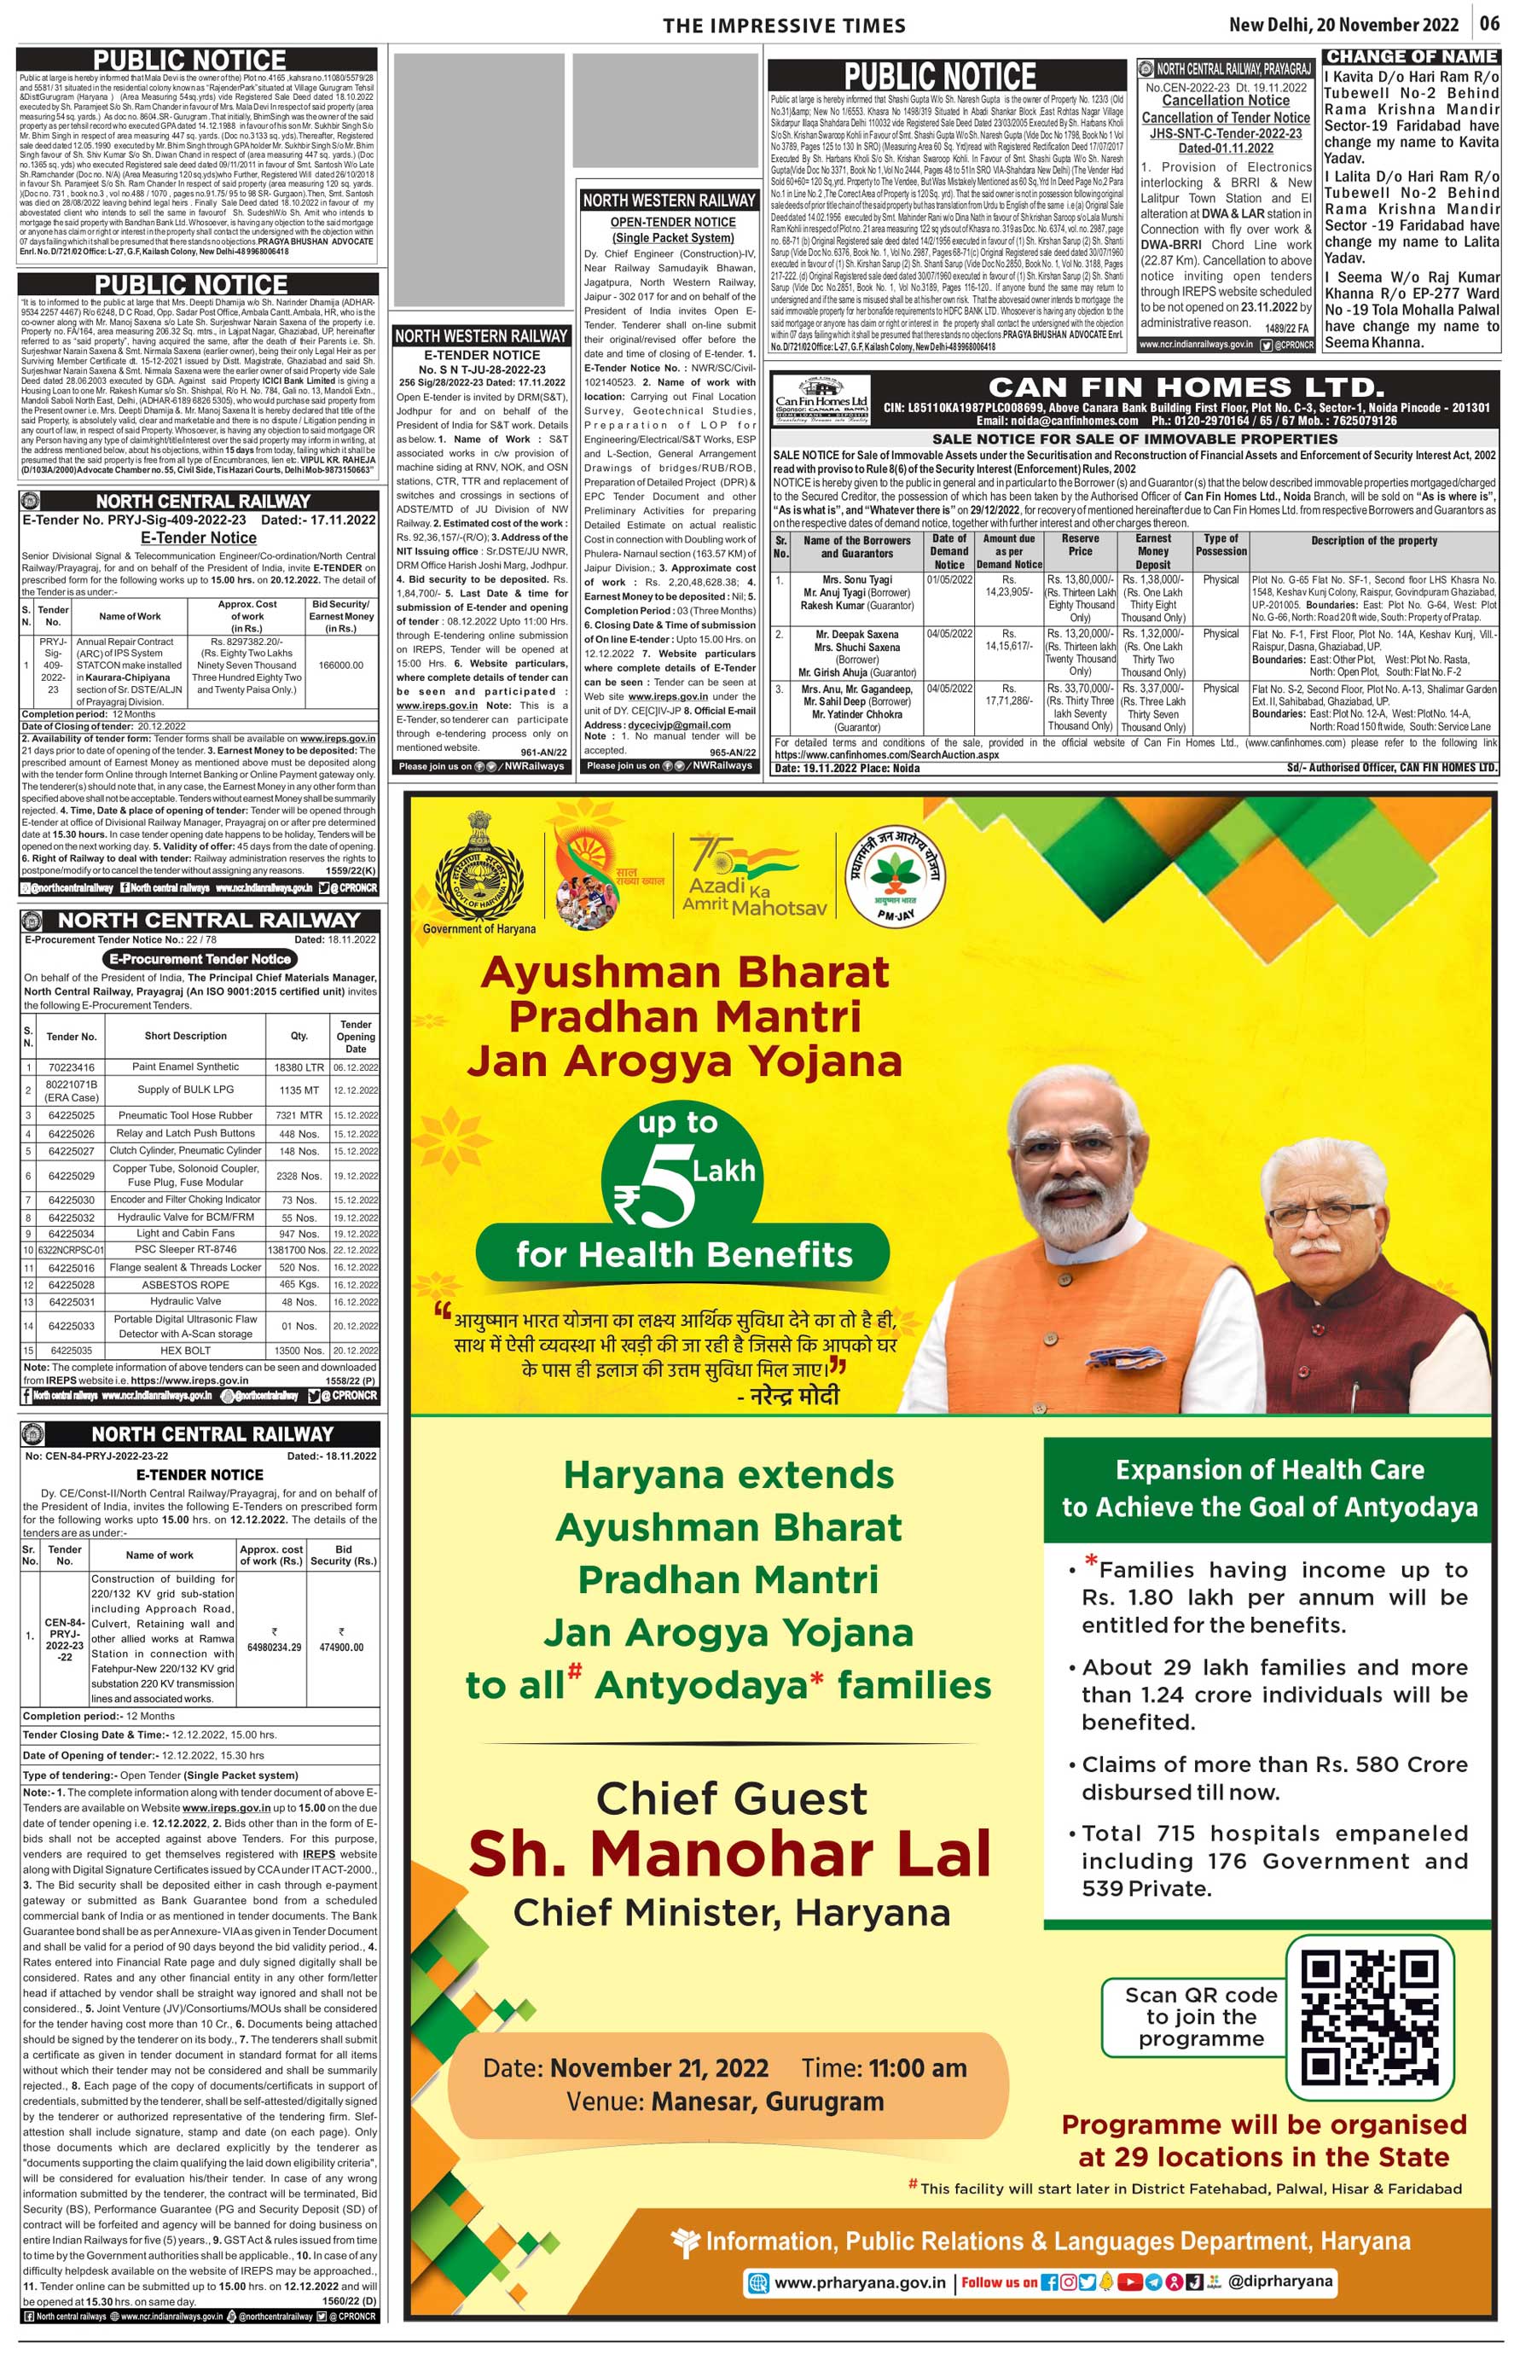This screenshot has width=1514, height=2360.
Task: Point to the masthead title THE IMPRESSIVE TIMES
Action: (x=784, y=26)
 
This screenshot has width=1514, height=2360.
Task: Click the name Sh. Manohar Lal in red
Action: (x=729, y=1855)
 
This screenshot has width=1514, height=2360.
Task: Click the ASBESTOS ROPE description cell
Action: (x=185, y=1284)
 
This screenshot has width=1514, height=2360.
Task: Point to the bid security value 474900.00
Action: (x=341, y=1646)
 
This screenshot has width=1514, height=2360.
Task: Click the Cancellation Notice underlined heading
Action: (x=1225, y=101)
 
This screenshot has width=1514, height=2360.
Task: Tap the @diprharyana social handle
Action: (x=1280, y=2282)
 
